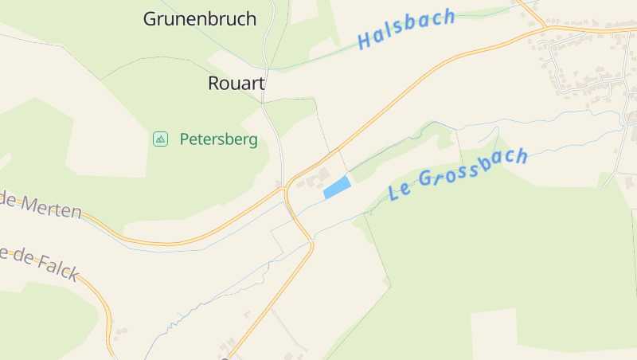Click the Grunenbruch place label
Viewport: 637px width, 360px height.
[199, 19]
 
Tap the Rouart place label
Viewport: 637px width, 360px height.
[236, 83]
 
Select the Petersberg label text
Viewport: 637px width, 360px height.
[218, 139]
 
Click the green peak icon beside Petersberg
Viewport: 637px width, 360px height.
[161, 139]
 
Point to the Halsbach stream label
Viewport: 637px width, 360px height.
[406, 29]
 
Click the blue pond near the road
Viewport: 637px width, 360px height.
[337, 188]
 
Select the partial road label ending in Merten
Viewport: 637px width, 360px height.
[40, 205]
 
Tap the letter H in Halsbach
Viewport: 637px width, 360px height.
[365, 41]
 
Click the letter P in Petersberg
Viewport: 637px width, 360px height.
[185, 139]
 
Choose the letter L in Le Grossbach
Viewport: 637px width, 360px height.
[394, 193]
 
